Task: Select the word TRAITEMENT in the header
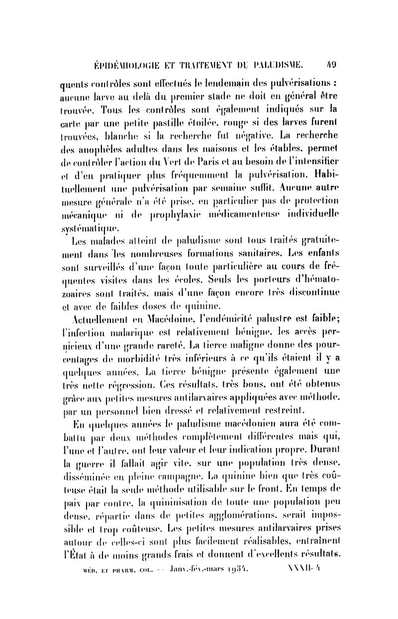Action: pos(200,64)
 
